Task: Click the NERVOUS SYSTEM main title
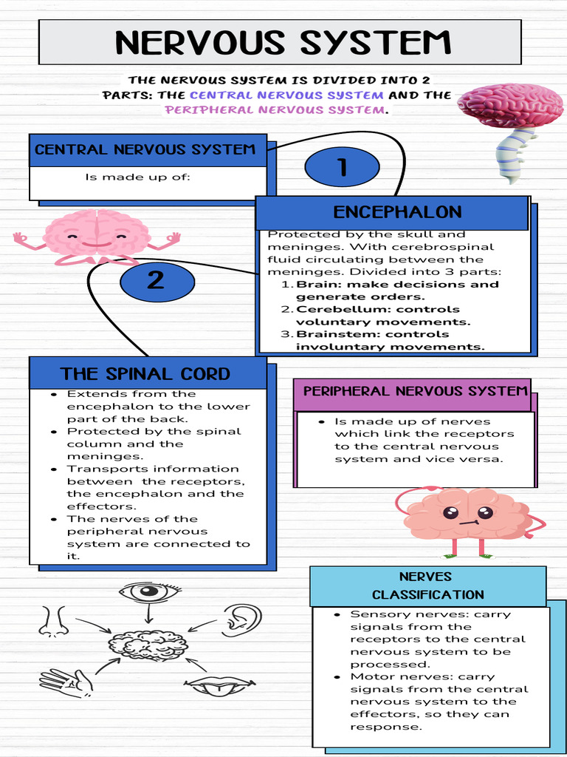pyautogui.click(x=283, y=42)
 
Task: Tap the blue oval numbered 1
pyautogui.click(x=343, y=167)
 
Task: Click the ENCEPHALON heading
pyautogui.click(x=397, y=212)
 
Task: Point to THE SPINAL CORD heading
pyautogui.click(x=145, y=373)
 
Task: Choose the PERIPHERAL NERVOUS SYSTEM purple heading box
pyautogui.click(x=416, y=391)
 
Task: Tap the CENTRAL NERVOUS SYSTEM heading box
pyautogui.click(x=148, y=150)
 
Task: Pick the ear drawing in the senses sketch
pyautogui.click(x=241, y=619)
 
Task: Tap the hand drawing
pyautogui.click(x=66, y=683)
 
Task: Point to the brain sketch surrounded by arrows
pyautogui.click(x=148, y=645)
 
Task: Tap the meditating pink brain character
pyautogui.click(x=97, y=237)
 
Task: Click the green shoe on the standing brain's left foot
pyautogui.click(x=486, y=556)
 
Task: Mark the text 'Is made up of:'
pyautogui.click(x=138, y=177)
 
